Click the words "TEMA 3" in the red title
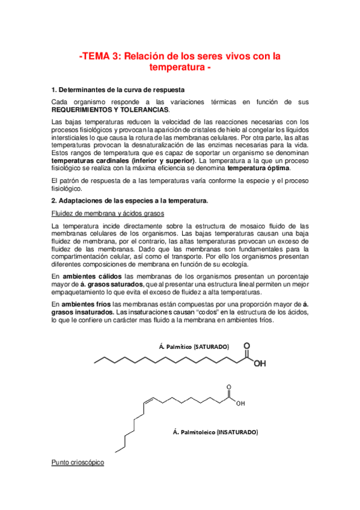100,57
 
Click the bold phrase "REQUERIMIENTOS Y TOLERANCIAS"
111,110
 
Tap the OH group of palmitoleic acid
240,403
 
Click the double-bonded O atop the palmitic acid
247,346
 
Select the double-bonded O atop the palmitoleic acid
227,387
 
